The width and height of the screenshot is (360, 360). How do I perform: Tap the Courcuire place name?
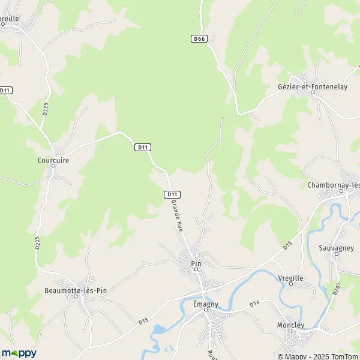[x=53, y=160]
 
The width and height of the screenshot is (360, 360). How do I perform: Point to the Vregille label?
[x=291, y=278]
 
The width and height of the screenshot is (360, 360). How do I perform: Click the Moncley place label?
[x=291, y=325]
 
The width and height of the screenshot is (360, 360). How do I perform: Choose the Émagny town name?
[x=205, y=304]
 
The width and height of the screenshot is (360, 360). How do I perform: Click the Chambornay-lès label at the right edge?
[x=334, y=185]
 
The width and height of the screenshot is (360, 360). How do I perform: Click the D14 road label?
[x=254, y=305]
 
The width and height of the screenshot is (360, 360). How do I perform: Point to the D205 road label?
[x=335, y=289]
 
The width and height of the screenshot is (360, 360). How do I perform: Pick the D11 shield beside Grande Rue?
[x=172, y=194]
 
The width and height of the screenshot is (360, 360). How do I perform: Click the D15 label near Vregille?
[x=287, y=247]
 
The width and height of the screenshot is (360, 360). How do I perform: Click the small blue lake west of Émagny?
[x=159, y=330]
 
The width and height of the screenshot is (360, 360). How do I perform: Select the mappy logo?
[x=19, y=353]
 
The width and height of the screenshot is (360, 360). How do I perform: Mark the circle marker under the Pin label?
[x=196, y=270]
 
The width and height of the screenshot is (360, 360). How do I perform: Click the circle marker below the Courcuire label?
[x=53, y=166]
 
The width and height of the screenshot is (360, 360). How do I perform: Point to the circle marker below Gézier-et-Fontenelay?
[x=311, y=92]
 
